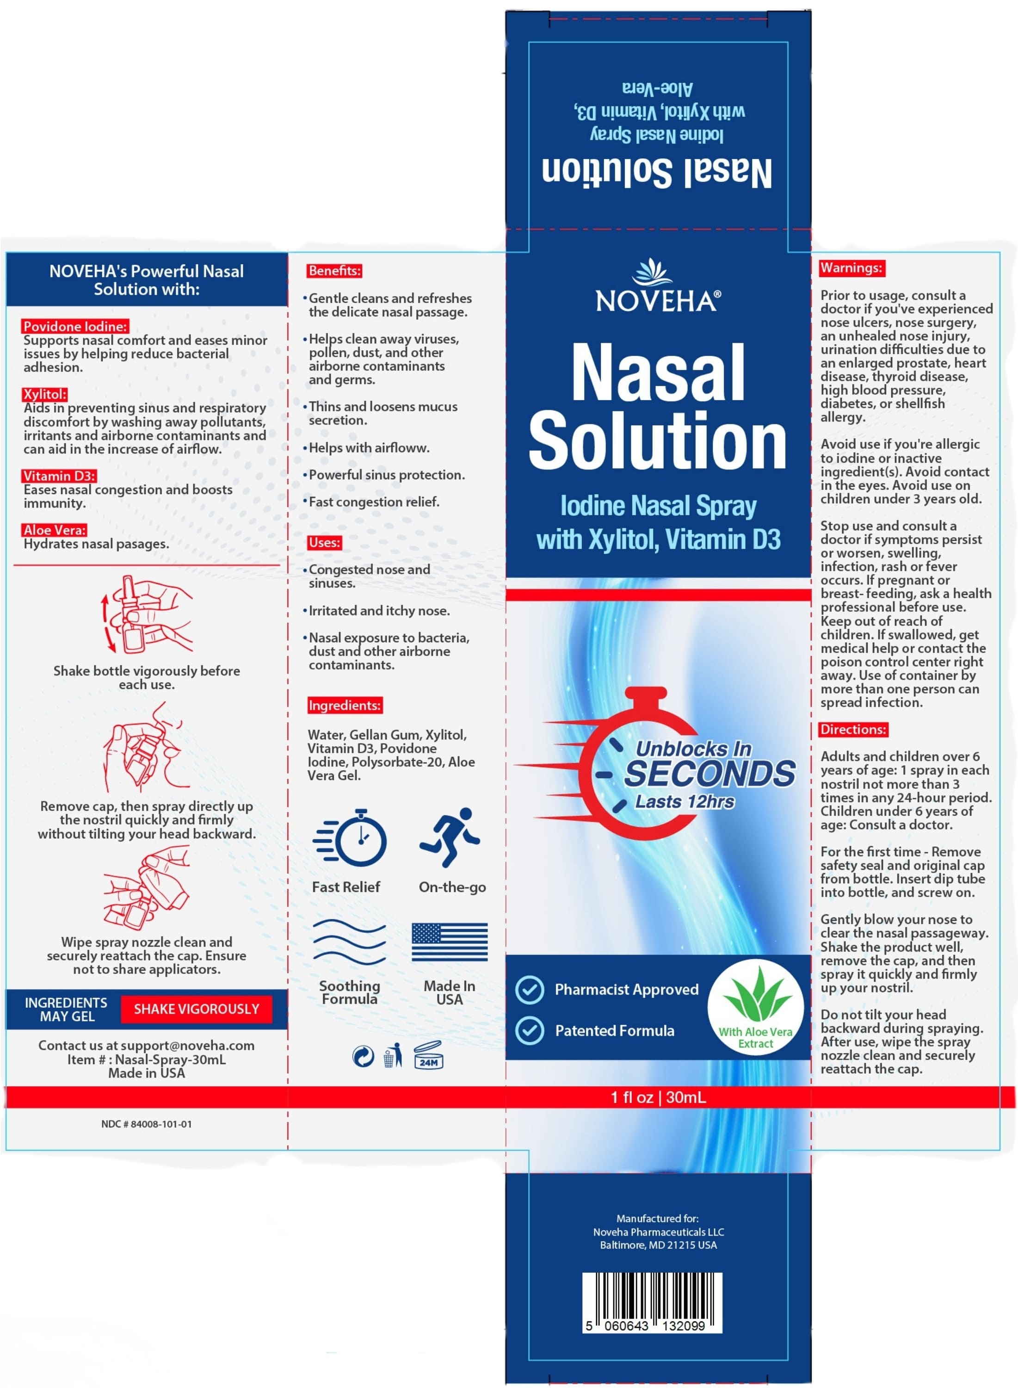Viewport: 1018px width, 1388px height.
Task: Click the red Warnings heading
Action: coord(851,268)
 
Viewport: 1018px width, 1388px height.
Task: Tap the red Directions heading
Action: coord(853,729)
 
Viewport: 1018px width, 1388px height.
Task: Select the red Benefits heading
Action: coord(334,271)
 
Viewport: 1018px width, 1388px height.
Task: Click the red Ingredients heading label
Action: coord(345,705)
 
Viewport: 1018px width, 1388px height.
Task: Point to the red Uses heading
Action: coord(324,542)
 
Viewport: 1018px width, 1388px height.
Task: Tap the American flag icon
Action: coord(449,942)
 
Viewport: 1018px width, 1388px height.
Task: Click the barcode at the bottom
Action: coord(652,1301)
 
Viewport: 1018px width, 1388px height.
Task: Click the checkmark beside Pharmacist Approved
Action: coord(529,989)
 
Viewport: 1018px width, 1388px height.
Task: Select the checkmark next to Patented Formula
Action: coord(529,1030)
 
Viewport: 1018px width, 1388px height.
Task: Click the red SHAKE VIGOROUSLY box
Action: coord(196,1009)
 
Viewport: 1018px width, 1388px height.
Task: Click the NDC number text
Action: coord(147,1124)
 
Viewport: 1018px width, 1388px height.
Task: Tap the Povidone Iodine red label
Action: coord(76,326)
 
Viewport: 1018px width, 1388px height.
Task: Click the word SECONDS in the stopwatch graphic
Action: coord(710,774)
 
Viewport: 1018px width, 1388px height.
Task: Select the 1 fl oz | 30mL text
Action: coord(658,1097)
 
